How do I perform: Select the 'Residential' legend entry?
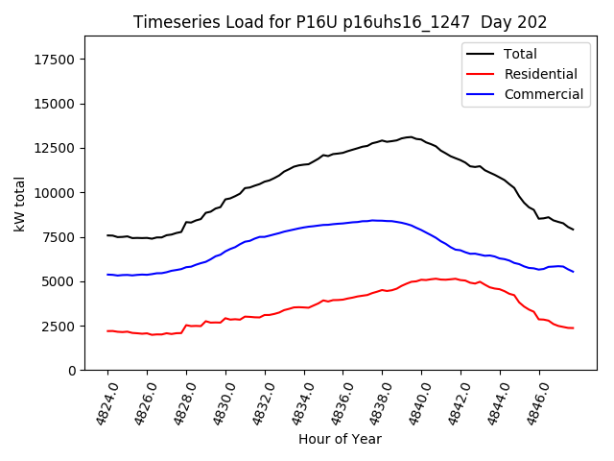(540, 74)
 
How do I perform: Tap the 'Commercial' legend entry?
(543, 94)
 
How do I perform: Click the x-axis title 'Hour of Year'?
(340, 439)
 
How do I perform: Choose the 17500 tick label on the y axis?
(56, 60)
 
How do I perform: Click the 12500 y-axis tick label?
(56, 149)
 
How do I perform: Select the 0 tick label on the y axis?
(72, 371)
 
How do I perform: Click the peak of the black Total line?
(410, 136)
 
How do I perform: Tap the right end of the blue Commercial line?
(573, 272)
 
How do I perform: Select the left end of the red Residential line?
(107, 330)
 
